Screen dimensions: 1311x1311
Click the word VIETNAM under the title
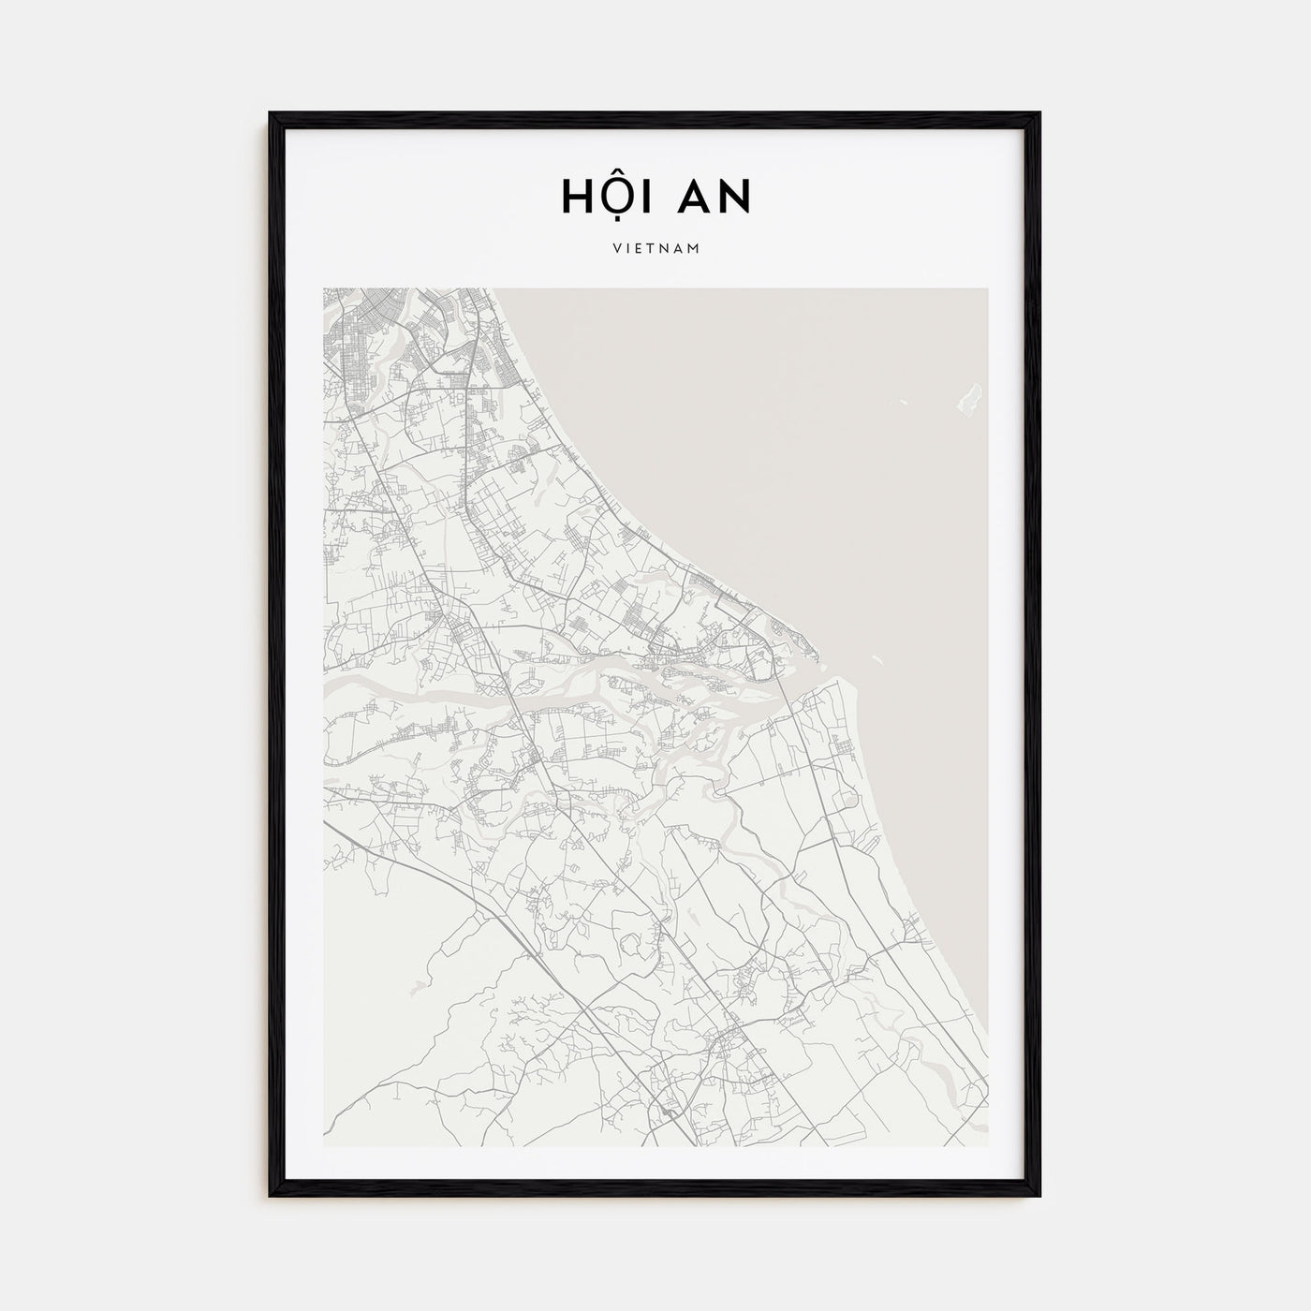tap(655, 249)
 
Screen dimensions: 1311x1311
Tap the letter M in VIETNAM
tap(695, 249)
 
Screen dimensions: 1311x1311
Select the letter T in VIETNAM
tap(649, 249)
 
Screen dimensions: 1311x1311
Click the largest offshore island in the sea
tap(970, 397)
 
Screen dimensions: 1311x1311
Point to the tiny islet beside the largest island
tap(906, 403)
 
